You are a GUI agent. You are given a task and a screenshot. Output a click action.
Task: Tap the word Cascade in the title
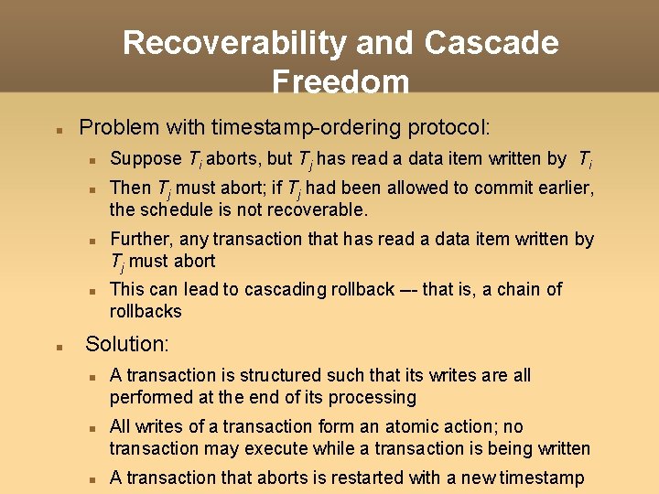[x=492, y=43]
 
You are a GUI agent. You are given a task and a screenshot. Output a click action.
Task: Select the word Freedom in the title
[x=340, y=82]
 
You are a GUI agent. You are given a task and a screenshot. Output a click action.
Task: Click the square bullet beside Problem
[x=57, y=128]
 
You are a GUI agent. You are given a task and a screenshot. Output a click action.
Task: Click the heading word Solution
[x=127, y=345]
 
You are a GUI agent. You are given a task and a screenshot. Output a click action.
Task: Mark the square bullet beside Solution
[x=57, y=347]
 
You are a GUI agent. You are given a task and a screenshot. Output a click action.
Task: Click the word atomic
[x=406, y=426]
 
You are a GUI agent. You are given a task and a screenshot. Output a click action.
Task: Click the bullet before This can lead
[x=93, y=291]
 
